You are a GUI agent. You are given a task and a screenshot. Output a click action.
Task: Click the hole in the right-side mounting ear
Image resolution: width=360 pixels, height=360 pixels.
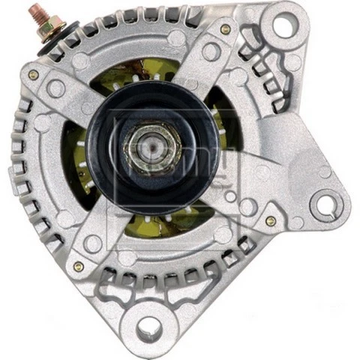pos(325,203)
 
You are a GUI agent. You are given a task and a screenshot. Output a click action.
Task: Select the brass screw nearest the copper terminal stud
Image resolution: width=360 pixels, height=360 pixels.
pos(33,75)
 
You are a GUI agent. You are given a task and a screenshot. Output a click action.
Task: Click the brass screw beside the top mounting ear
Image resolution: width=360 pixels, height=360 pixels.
pos(225,29)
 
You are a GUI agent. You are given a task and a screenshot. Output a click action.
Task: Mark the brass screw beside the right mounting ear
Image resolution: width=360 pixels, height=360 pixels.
pos(270,221)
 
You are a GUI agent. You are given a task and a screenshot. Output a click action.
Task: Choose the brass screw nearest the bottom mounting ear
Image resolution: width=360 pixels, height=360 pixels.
pos(78,266)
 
